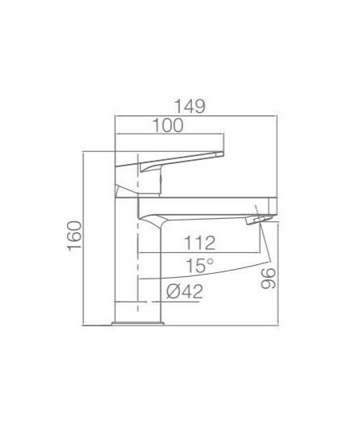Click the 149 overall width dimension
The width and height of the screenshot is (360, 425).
[x=190, y=107]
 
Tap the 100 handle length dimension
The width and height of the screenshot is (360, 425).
[x=168, y=126]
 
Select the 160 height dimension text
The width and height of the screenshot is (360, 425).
[x=75, y=236]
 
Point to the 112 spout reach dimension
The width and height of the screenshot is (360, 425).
[x=200, y=243]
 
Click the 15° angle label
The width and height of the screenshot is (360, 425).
[x=200, y=266]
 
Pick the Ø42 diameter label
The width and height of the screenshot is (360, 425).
[x=185, y=291]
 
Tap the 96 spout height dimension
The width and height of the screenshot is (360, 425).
[x=268, y=279]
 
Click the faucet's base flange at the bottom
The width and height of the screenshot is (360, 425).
[x=138, y=323]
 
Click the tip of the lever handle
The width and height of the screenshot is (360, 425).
[x=222, y=154]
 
